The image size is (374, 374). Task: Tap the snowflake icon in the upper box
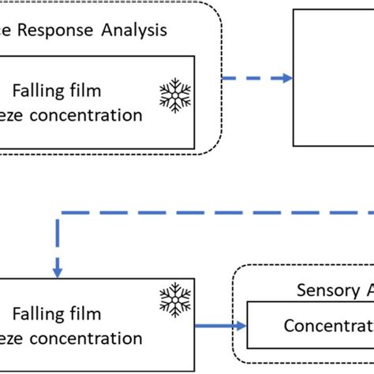click(174, 95)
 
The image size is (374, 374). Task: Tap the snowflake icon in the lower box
click(174, 301)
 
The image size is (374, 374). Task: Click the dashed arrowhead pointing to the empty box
click(286, 77)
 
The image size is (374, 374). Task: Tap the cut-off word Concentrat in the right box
click(328, 325)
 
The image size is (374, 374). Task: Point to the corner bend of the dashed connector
click(58, 213)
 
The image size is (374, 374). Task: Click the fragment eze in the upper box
click(16, 116)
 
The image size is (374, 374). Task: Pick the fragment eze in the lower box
click(16, 338)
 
